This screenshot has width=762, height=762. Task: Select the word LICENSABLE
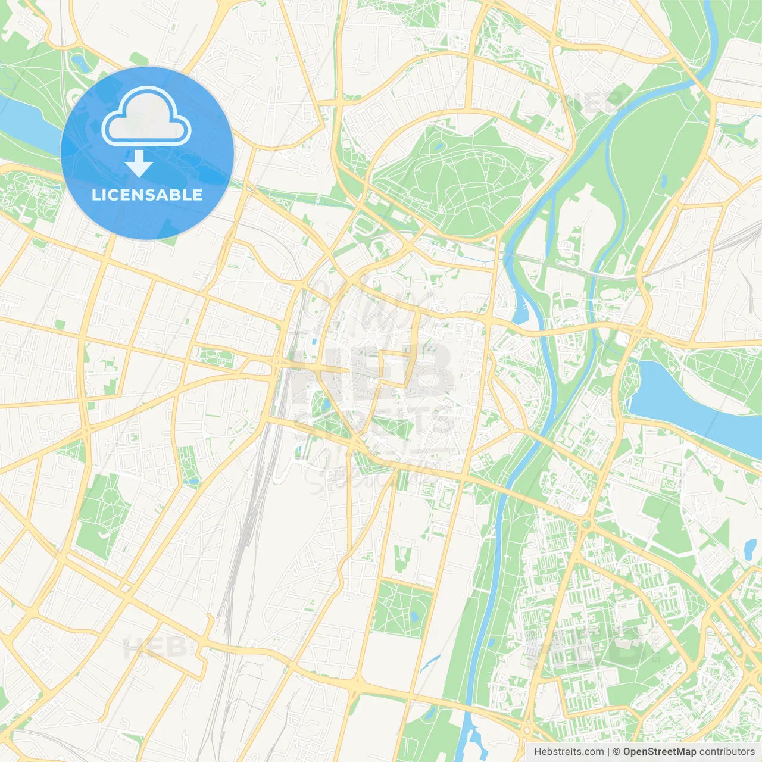point(147,195)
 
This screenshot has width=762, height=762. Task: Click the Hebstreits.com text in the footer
point(569,752)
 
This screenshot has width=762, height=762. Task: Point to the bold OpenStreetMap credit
point(659,752)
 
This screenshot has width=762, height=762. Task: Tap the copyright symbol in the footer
point(616,752)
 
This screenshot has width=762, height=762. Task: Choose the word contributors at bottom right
point(727,752)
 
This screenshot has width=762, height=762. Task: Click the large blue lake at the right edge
point(685,405)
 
